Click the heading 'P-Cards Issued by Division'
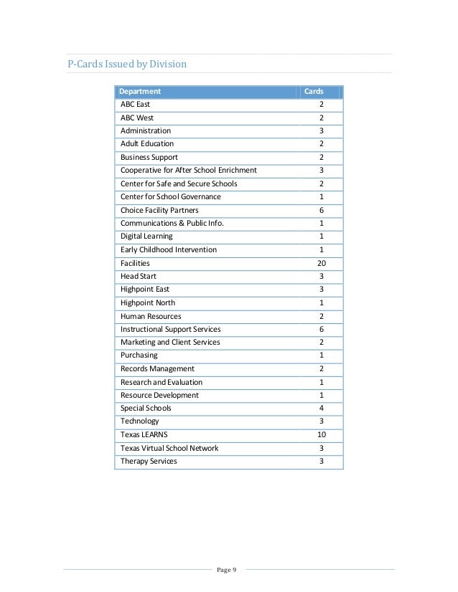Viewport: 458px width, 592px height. point(126,64)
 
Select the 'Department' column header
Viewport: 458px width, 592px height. point(140,92)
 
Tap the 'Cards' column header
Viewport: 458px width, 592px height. point(314,92)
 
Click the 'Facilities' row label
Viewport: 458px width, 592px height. point(135,263)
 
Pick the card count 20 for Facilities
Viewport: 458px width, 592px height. point(321,263)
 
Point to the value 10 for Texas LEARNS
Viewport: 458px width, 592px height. point(321,435)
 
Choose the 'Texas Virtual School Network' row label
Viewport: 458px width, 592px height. point(169,448)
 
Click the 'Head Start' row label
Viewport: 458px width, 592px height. point(138,276)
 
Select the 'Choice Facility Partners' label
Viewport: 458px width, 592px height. point(159,210)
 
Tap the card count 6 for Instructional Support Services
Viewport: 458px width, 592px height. point(321,329)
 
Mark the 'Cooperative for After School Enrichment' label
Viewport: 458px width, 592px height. point(188,171)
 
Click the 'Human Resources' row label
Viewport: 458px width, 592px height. point(151,316)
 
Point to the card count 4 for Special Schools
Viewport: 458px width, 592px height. point(321,409)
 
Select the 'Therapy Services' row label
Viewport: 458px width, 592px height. point(149,461)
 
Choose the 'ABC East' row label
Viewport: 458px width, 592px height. point(135,105)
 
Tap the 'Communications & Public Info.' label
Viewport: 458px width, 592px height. point(172,223)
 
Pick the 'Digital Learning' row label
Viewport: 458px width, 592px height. point(146,237)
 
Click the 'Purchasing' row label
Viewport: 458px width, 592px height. point(139,355)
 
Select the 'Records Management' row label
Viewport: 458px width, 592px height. point(157,368)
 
